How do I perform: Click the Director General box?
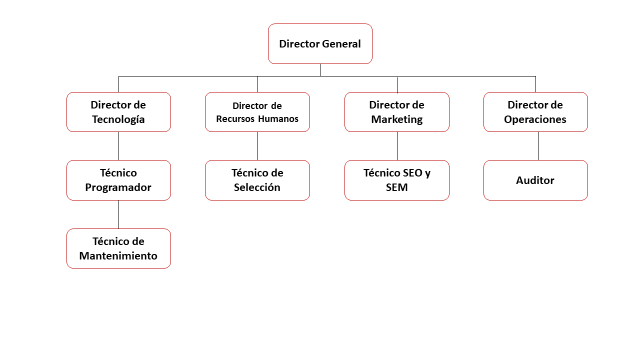320,43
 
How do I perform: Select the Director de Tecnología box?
118,112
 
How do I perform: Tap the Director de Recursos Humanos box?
257,112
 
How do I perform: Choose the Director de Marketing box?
396,112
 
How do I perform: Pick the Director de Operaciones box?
535,112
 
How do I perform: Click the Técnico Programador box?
118,180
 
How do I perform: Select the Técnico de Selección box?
257,180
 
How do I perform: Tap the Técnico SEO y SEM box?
396,180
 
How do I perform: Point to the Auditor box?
535,180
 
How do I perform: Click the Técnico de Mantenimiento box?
118,248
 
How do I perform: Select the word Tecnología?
118,119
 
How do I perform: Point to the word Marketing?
397,119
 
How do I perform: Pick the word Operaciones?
535,119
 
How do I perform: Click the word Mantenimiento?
118,256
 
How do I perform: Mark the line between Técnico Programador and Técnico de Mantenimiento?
118,214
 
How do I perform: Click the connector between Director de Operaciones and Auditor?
538,146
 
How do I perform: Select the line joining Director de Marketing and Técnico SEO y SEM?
397,146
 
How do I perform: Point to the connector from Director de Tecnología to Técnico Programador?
118,146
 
